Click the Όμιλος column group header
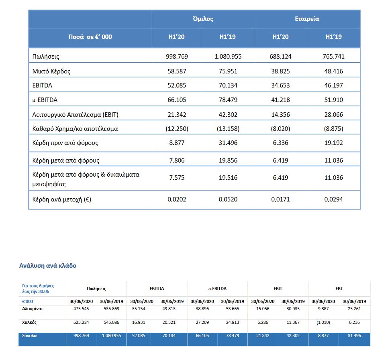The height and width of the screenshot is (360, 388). (202, 19)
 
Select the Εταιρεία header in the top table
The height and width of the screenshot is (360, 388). (307, 19)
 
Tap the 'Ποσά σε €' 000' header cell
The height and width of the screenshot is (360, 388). (90, 37)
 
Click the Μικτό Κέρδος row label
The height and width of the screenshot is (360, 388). (51, 71)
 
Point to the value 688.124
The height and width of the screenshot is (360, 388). (280, 57)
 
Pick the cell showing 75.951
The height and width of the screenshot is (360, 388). (228, 71)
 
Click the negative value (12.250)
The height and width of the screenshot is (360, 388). (177, 129)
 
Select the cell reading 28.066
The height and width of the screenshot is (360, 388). (334, 114)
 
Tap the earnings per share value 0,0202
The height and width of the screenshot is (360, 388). (177, 199)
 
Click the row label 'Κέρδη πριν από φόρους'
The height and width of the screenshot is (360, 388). (65, 143)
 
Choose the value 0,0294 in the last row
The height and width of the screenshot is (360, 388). (334, 199)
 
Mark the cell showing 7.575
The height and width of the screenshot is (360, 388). (177, 178)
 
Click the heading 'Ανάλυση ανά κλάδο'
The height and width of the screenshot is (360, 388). (48, 266)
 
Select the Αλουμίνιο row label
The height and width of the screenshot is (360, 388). (33, 309)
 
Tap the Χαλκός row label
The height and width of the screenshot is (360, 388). (29, 322)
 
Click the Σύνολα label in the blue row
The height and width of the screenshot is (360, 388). (29, 336)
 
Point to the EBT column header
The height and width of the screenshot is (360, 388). (339, 289)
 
